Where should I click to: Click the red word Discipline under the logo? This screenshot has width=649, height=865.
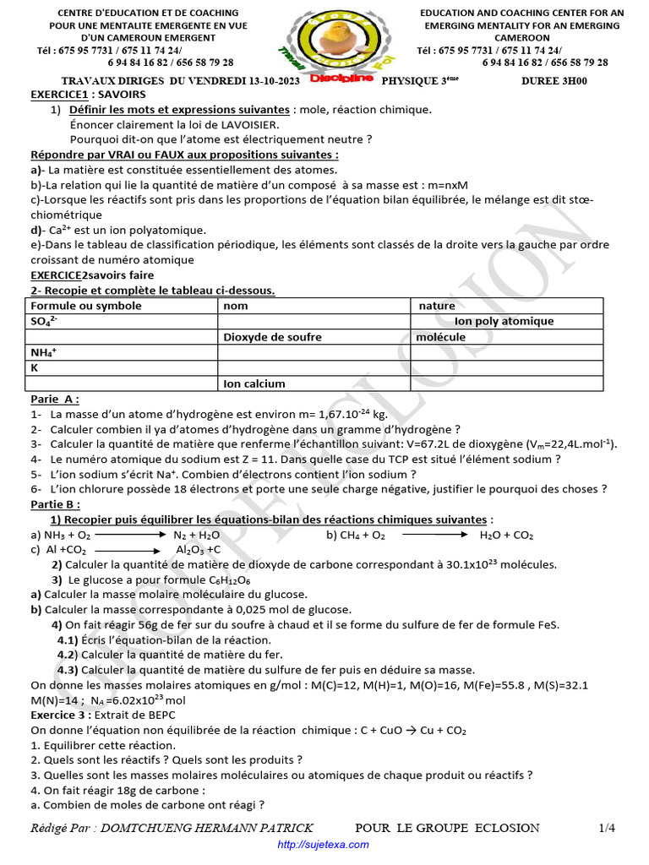pos(341,79)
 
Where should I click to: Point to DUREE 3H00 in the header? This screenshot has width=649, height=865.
pos(554,81)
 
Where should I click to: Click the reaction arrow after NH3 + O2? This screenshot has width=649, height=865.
pos(133,536)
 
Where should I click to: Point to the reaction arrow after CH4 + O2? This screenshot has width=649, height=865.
pos(434,536)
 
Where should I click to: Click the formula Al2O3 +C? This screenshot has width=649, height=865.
pos(199,550)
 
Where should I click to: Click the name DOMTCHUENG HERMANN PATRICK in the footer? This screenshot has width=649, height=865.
pos(206,828)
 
